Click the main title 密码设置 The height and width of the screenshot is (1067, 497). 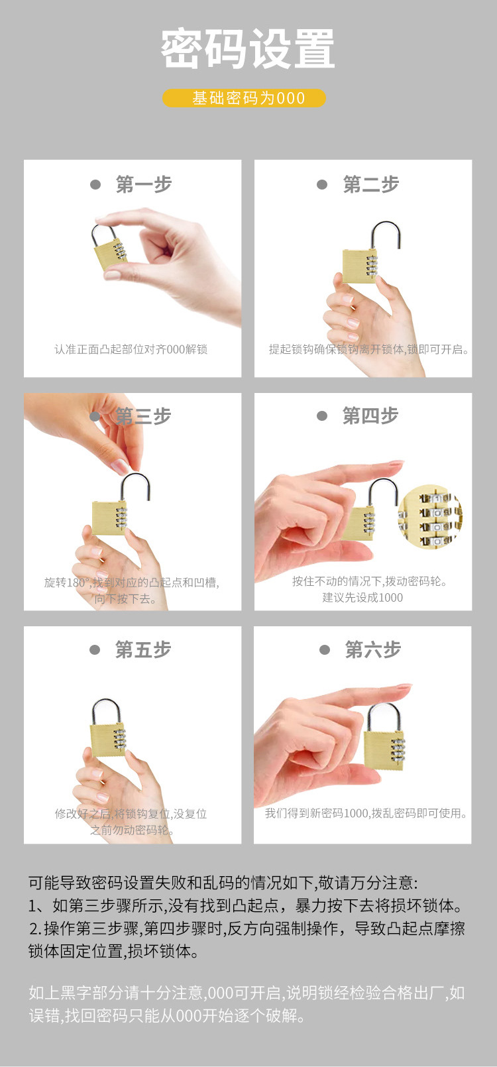tap(248, 50)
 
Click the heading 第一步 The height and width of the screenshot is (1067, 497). tap(143, 184)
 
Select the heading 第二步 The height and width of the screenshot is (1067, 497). tap(370, 184)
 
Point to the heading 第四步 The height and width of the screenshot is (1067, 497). tap(370, 416)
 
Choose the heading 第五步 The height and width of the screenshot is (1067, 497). tap(142, 649)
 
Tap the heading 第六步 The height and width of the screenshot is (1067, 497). tap(372, 649)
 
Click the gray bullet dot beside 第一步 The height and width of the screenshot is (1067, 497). tap(95, 185)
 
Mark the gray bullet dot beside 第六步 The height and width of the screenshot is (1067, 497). tap(325, 649)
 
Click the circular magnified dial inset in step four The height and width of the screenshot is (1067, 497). tap(430, 517)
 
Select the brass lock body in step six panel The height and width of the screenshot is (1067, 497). tap(383, 749)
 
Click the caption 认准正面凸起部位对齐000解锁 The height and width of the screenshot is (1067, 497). tap(131, 349)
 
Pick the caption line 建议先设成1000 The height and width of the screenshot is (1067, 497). tap(362, 597)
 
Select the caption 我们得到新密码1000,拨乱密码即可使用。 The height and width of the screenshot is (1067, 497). tap(366, 813)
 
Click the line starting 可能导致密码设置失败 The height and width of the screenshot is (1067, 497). tap(223, 883)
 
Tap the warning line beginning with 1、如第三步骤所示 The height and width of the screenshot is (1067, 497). tap(245, 905)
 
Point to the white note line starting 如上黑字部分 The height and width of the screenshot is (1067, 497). tap(247, 993)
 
